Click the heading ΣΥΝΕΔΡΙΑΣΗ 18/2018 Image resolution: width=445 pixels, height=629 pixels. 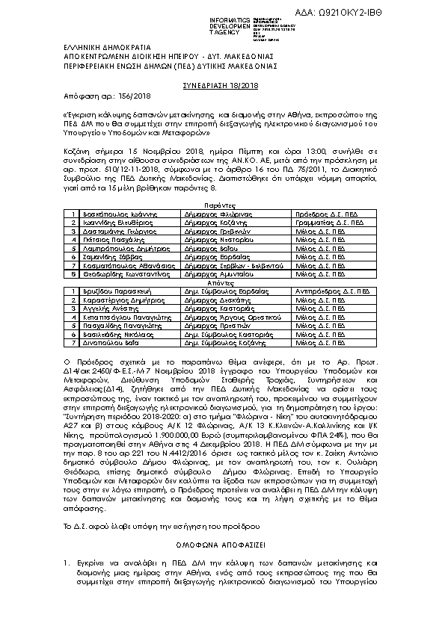click(222, 87)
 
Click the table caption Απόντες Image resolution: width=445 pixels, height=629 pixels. click(222, 303)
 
